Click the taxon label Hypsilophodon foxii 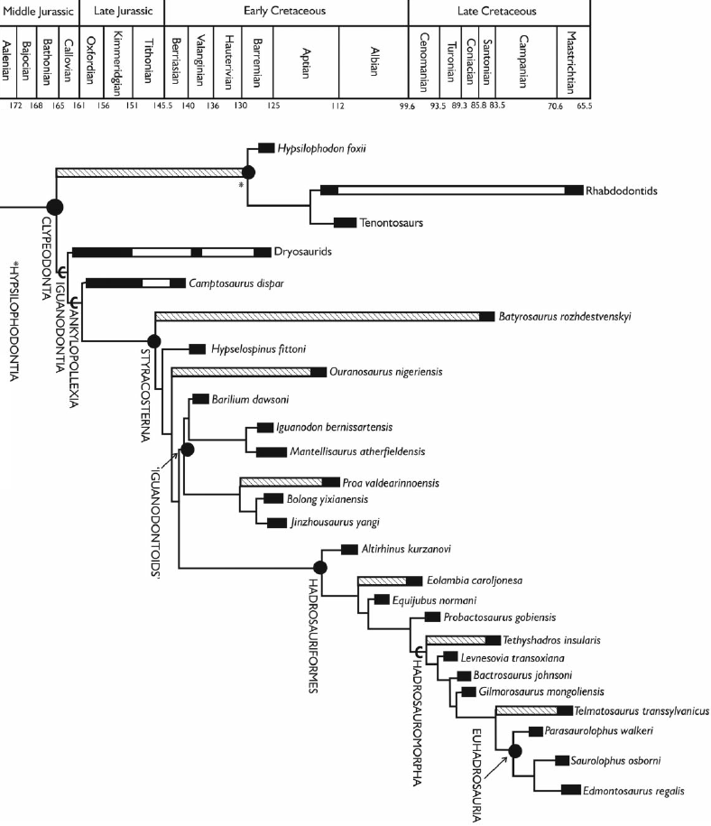(x=324, y=148)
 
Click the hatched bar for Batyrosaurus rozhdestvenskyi (x=317, y=316)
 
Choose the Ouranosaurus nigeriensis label (x=377, y=371)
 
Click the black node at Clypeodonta (x=54, y=208)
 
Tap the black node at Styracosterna (x=154, y=340)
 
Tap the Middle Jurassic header (x=39, y=12)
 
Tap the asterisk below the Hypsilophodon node (x=240, y=185)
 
